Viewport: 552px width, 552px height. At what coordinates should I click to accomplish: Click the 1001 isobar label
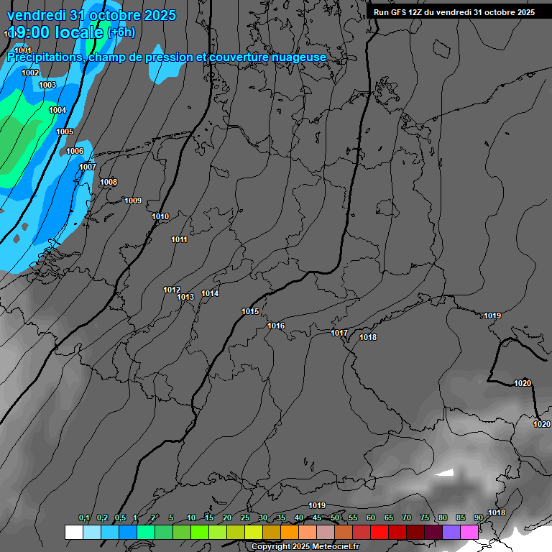(x=23, y=50)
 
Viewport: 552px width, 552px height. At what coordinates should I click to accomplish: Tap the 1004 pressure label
(x=57, y=110)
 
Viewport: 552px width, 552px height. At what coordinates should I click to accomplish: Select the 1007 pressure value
(x=88, y=167)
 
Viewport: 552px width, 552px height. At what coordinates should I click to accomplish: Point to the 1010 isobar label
(x=160, y=216)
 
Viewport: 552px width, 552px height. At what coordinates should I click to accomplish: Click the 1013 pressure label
(x=185, y=297)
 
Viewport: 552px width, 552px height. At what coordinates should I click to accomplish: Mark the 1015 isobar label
(x=250, y=311)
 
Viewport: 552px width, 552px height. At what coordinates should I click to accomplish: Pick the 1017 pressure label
(x=339, y=333)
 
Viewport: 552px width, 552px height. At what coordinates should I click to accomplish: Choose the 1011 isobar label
(x=179, y=239)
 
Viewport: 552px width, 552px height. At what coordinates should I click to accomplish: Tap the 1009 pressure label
(x=133, y=201)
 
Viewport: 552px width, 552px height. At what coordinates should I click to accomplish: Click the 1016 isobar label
(x=276, y=326)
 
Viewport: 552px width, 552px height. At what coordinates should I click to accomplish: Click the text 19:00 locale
(x=55, y=32)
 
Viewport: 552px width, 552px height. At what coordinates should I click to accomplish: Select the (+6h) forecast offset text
(x=121, y=32)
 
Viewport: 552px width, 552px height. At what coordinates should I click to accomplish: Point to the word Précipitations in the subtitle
(x=45, y=57)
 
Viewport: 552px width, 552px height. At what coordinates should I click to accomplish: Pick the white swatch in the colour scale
(x=73, y=532)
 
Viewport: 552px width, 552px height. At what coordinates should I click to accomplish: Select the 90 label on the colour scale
(x=478, y=517)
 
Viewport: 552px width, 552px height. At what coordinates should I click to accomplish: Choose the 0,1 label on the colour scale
(x=84, y=517)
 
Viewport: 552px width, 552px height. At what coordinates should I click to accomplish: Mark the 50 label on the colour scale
(x=335, y=517)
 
